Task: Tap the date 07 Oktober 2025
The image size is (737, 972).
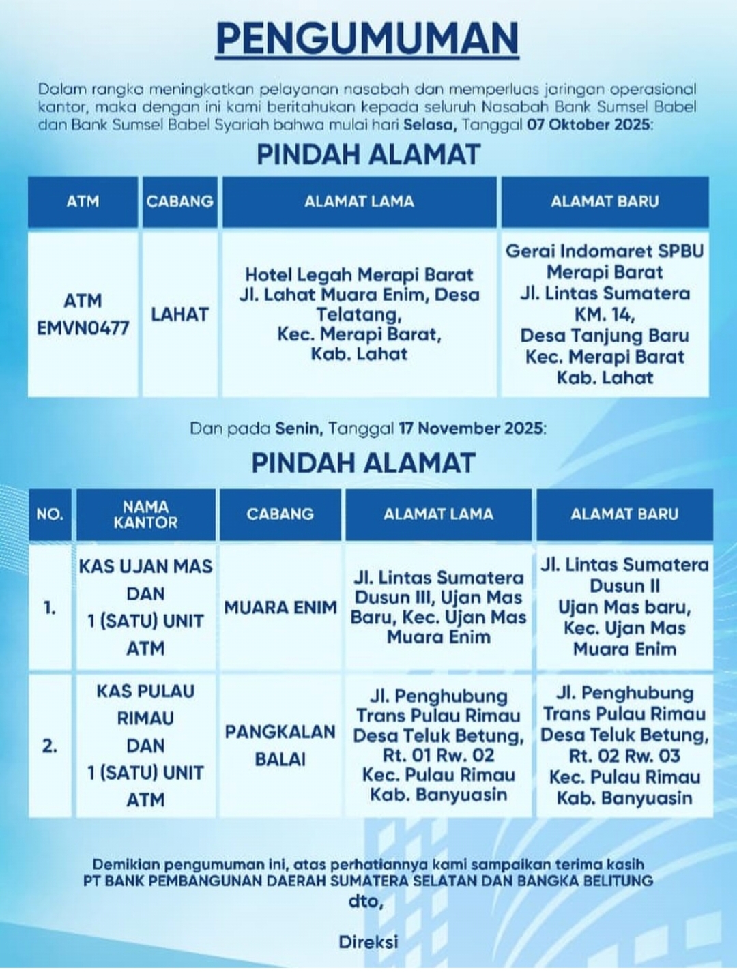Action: click(x=589, y=125)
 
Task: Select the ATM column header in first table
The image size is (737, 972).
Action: click(x=83, y=202)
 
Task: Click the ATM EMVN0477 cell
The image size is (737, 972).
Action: click(x=83, y=314)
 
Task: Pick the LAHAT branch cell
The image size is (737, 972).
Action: click(x=179, y=314)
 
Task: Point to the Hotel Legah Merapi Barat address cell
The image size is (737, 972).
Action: click(x=359, y=314)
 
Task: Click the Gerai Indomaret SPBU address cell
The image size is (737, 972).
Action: click(x=605, y=314)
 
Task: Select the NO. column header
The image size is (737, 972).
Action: click(x=49, y=514)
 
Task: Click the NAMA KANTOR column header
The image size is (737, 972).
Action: click(x=145, y=514)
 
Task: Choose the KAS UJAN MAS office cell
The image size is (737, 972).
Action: click(x=145, y=607)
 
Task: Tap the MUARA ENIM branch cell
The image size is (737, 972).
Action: click(x=280, y=607)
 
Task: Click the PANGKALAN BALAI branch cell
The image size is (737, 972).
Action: click(x=280, y=746)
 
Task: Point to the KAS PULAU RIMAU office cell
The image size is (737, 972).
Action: click(x=145, y=746)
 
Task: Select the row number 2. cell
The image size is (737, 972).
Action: click(x=49, y=746)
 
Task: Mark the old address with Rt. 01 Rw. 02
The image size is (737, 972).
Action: click(x=438, y=746)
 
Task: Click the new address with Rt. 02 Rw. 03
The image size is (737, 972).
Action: click(x=624, y=746)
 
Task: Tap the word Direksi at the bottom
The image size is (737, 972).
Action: click(x=368, y=942)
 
